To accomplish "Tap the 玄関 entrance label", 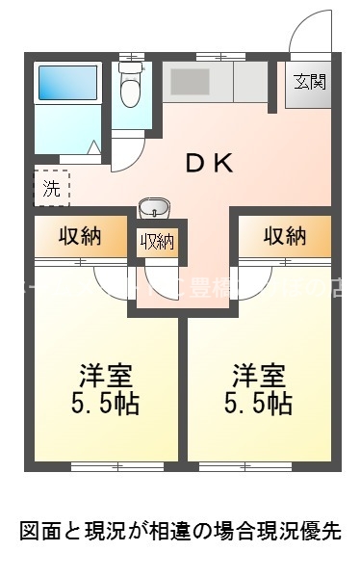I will [x=309, y=81].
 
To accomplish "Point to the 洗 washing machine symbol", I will [x=51, y=188].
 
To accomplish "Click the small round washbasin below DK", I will [x=153, y=208].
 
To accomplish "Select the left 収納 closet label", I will [x=80, y=237].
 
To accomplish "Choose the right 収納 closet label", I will [x=284, y=237].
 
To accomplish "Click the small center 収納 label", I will [x=158, y=242].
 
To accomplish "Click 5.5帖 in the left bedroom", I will [x=104, y=403].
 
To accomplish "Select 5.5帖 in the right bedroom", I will [x=257, y=403].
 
